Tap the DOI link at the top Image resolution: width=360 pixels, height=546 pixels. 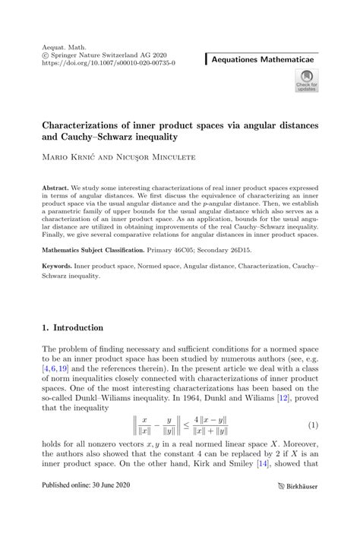[x=109, y=64]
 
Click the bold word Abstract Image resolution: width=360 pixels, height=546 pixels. [x=56, y=187]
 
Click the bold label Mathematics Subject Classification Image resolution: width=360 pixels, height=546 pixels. [x=93, y=249]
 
